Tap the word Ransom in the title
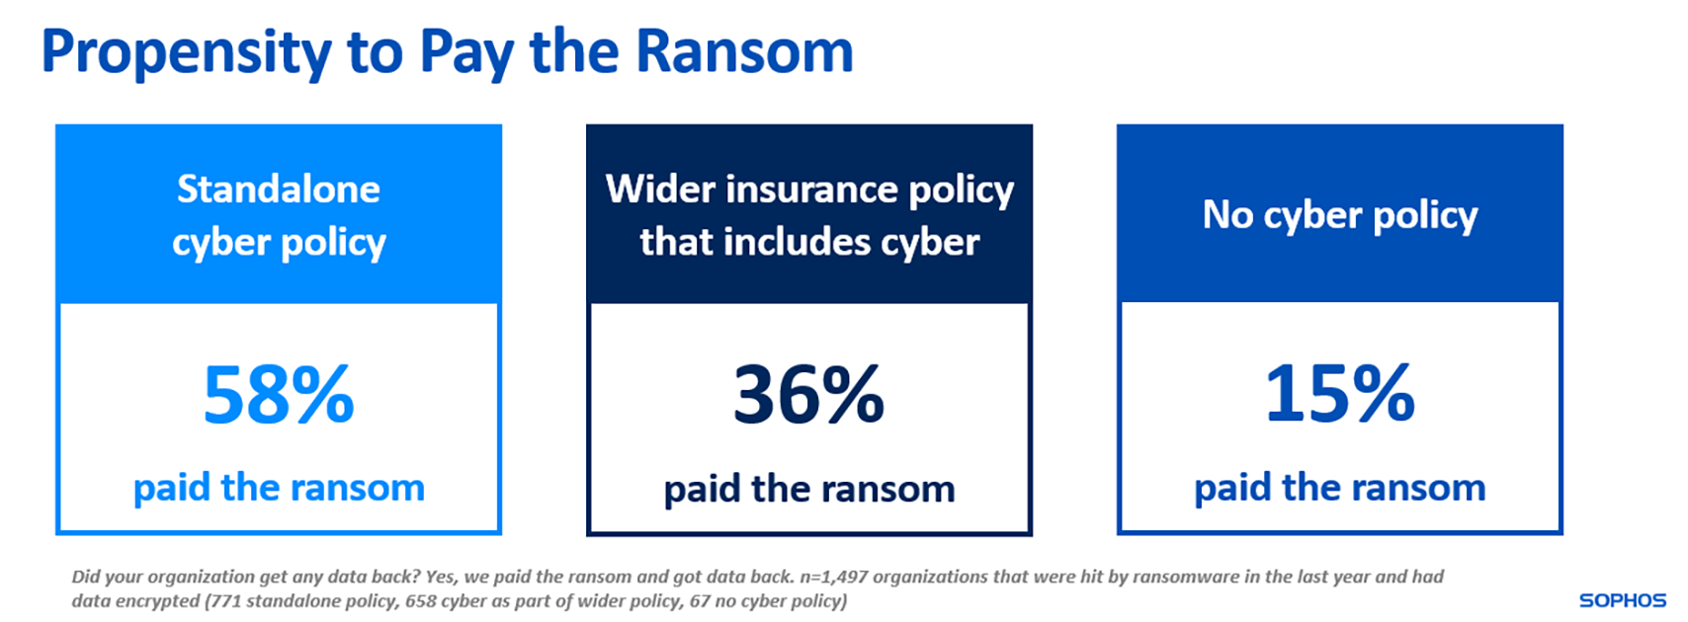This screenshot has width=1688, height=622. [744, 51]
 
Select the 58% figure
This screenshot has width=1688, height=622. [279, 395]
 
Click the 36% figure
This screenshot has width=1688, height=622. [808, 395]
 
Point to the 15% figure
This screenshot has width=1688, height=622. [1339, 395]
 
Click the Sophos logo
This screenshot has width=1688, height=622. [1622, 600]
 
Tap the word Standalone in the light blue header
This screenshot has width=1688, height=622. [279, 189]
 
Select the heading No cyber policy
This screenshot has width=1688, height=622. [1339, 215]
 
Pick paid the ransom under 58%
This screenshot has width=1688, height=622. [279, 488]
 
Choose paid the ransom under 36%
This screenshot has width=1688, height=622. [808, 489]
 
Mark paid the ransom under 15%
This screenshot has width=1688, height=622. [1339, 488]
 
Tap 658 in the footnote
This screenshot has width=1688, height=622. [422, 600]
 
